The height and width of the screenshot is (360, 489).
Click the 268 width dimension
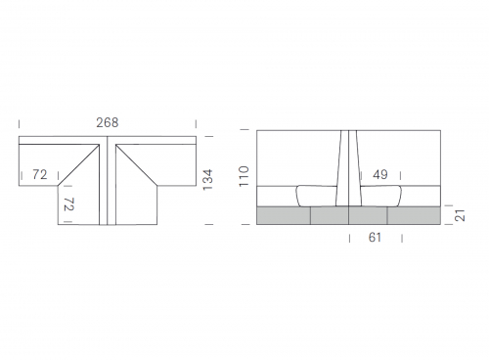(x=108, y=122)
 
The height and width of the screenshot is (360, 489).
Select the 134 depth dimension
(x=207, y=180)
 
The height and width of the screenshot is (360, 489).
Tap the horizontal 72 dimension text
(x=40, y=175)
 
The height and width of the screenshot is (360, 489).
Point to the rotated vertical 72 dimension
(x=68, y=203)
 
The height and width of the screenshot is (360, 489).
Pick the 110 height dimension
(x=244, y=176)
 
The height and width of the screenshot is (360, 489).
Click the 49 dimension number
(x=380, y=175)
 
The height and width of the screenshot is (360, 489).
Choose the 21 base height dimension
(x=460, y=215)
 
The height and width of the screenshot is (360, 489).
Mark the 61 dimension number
(x=375, y=238)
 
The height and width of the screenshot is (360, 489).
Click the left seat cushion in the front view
(x=317, y=196)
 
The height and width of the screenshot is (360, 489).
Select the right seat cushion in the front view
(x=380, y=196)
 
